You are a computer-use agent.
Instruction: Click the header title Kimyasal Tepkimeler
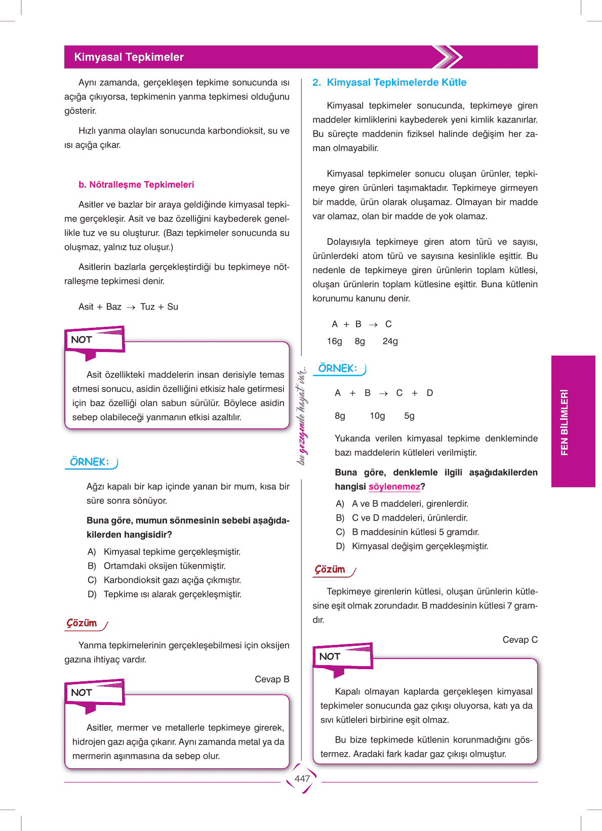[x=129, y=57]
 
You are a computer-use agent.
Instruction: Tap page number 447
[x=302, y=779]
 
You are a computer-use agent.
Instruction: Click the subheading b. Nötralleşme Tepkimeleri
[x=136, y=185]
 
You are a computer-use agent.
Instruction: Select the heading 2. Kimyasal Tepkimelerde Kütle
[x=389, y=82]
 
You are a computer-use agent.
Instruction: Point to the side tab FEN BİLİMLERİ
[x=565, y=422]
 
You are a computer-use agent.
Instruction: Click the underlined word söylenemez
[x=394, y=487]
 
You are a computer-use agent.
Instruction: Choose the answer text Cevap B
[x=272, y=679]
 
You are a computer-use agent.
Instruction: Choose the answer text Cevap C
[x=520, y=640]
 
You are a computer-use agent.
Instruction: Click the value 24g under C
[x=390, y=341]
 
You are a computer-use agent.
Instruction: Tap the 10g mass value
[x=377, y=416]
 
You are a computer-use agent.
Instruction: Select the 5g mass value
[x=409, y=416]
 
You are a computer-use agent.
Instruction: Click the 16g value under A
[x=334, y=341]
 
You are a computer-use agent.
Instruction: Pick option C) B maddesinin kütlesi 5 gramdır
[x=408, y=532]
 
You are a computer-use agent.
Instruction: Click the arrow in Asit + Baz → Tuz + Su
[x=131, y=307]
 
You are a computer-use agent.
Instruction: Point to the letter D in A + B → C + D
[x=430, y=393]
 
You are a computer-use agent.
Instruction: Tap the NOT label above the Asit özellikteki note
[x=82, y=340]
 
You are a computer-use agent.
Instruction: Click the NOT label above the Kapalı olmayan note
[x=330, y=657]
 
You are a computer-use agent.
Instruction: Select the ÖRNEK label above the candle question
[x=90, y=462]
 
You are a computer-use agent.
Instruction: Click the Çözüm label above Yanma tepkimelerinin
[x=82, y=623]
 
